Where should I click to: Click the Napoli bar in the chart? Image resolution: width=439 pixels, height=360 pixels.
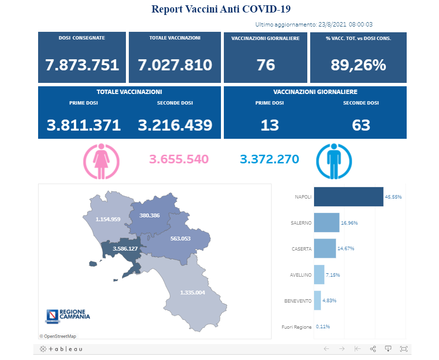click(x=348, y=197)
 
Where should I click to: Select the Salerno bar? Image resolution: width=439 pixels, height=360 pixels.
click(x=327, y=223)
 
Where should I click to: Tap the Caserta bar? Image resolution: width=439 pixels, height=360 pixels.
click(x=325, y=249)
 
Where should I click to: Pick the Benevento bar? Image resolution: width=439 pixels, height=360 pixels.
click(x=317, y=300)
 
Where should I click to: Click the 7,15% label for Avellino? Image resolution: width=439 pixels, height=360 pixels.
click(x=333, y=275)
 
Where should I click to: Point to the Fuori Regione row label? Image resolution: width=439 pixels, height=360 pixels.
click(x=296, y=327)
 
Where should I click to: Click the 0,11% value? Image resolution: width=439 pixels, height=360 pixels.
click(x=323, y=327)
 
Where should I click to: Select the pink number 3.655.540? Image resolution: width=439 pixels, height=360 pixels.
click(x=178, y=159)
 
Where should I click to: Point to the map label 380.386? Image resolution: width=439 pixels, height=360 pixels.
click(x=149, y=215)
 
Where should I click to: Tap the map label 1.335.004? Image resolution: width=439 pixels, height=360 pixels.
click(x=192, y=293)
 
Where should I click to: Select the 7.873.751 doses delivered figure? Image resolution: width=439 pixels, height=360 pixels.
click(x=82, y=65)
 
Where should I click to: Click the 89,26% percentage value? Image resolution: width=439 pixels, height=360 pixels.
click(x=358, y=65)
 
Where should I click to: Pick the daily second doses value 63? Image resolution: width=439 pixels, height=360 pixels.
click(x=361, y=125)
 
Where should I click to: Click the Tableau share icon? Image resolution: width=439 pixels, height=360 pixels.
click(x=372, y=348)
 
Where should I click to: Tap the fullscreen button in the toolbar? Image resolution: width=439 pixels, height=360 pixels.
click(x=404, y=348)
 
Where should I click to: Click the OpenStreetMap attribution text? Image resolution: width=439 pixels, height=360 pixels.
click(x=58, y=336)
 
